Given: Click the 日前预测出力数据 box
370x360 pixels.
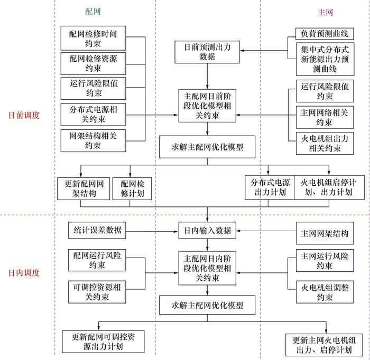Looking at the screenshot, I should (207, 52).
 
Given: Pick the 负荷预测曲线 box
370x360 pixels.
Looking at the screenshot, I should (325, 34).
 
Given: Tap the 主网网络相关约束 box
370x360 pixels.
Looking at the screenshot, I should (325, 118).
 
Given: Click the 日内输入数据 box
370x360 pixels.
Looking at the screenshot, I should (207, 231).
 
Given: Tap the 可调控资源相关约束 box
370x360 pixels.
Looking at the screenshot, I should (97, 292).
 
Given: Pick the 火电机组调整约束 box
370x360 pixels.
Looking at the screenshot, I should (325, 292).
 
